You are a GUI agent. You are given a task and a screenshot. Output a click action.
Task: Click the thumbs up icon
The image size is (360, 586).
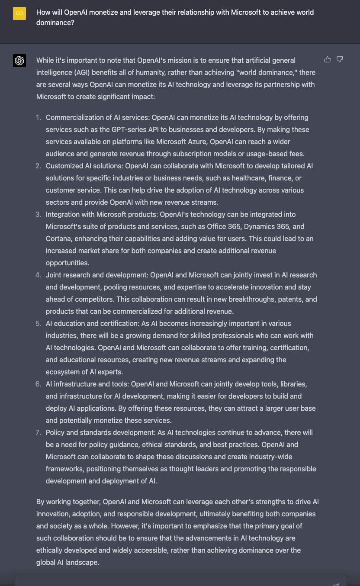328,59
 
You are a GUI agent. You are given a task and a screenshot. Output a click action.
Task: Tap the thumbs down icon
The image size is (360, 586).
340,59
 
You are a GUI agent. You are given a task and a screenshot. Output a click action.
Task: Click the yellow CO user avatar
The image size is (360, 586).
19,13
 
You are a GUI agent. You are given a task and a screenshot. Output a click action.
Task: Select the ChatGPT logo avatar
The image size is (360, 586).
19,61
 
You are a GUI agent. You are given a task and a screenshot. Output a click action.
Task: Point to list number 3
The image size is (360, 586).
39,214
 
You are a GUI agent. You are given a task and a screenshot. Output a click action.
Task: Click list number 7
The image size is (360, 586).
39,432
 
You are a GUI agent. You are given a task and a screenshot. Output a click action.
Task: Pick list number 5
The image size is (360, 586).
39,323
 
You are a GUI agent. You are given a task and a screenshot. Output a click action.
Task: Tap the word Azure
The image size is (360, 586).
196,142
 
